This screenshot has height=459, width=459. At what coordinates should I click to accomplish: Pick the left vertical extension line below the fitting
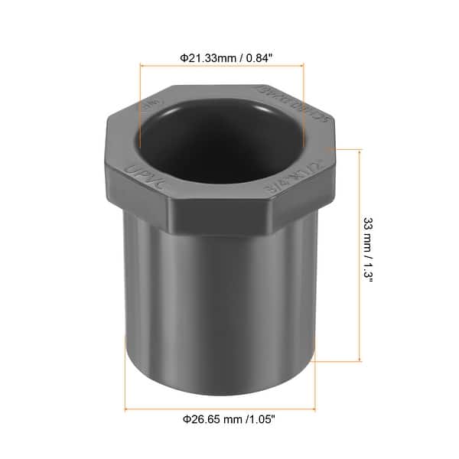125,382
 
